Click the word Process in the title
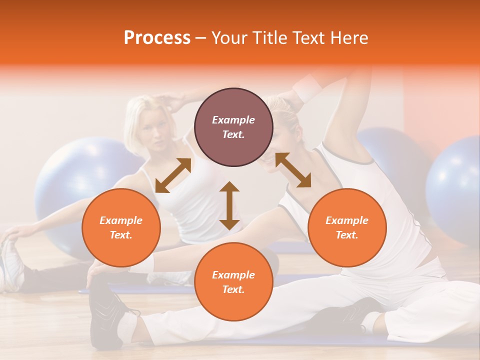[157, 38]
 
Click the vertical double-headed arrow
[229, 205]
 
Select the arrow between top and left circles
[173, 175]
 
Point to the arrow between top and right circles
[293, 170]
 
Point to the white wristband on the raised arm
[307, 87]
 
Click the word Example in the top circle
[233, 120]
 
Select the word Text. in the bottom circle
[233, 289]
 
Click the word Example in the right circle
[347, 220]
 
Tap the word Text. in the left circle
[121, 235]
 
